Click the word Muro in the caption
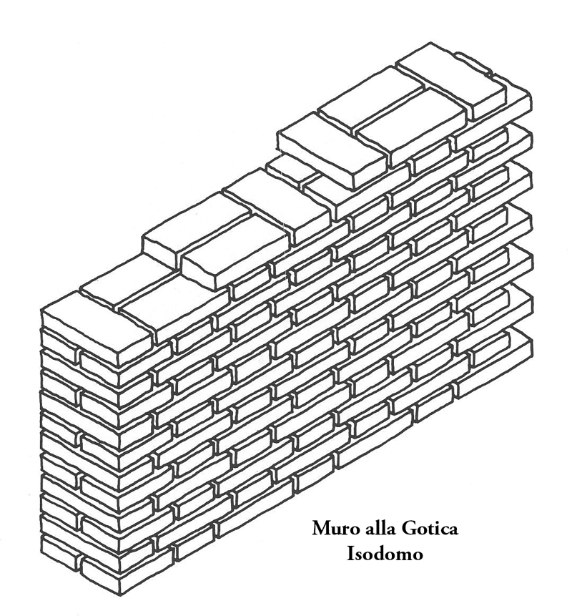pyautogui.click(x=335, y=529)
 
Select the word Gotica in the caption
pyautogui.click(x=429, y=529)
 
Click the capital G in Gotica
pyautogui.click(x=407, y=529)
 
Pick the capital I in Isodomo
pyautogui.click(x=350, y=553)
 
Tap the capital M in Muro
pyautogui.click(x=321, y=529)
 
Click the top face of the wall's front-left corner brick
pyautogui.click(x=97, y=318)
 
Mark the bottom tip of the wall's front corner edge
pyautogui.click(x=119, y=594)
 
